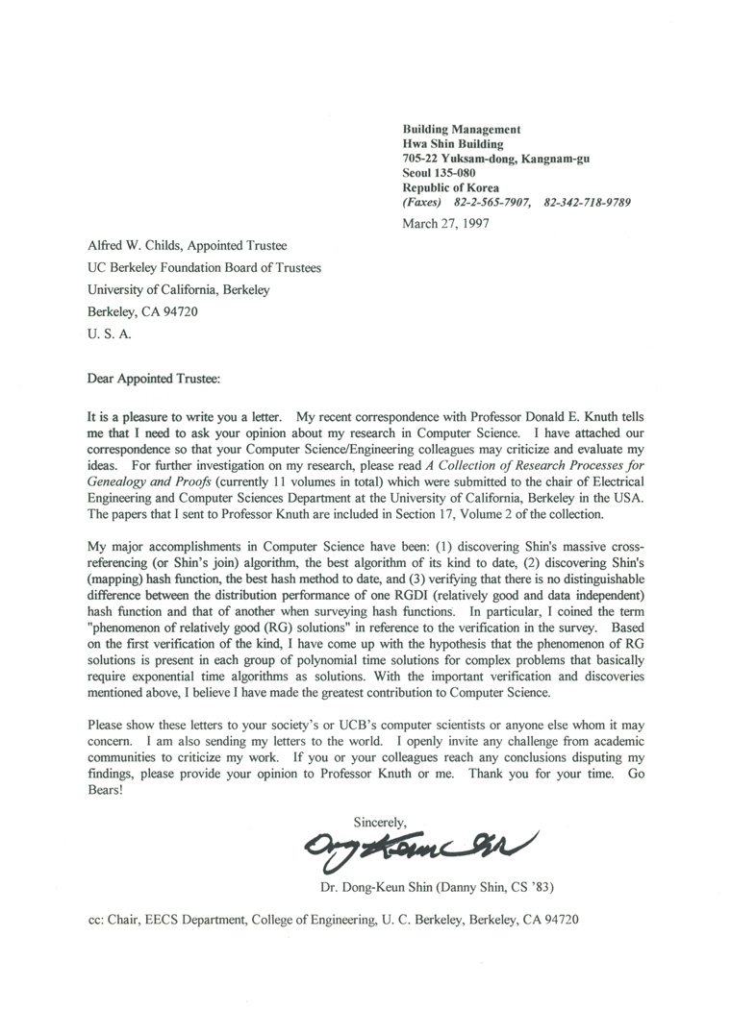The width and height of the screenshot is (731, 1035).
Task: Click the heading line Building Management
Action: click(461, 129)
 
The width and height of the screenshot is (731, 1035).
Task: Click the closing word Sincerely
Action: click(381, 823)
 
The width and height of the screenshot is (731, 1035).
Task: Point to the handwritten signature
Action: click(419, 845)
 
